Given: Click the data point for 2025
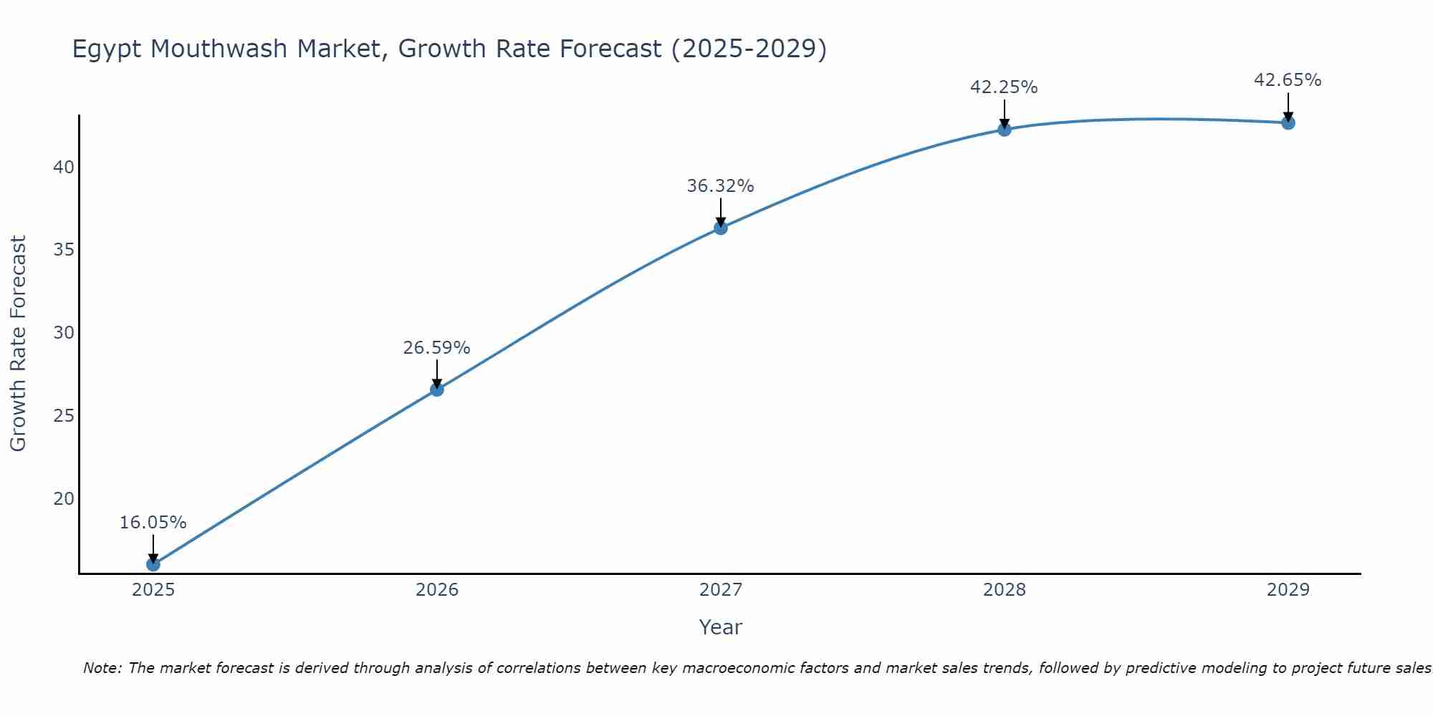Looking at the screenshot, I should pos(153,564).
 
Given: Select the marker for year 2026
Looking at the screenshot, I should pos(437,390).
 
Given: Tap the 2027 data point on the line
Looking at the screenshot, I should pos(721,228).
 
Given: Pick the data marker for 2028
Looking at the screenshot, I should pos(1005,130).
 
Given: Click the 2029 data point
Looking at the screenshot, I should pos(1288,123).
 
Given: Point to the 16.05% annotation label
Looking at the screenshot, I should pos(153,523).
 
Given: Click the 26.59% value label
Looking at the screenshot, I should pos(436,348).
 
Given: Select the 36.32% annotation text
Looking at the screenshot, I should pos(720,186).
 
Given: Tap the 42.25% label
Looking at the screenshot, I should pos(1004,87).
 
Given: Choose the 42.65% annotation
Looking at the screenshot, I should pos(1288,80).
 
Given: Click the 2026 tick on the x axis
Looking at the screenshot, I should pos(437,590).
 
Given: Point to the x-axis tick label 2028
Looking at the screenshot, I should pos(1005,590).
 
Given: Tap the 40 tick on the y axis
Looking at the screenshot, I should pos(64,168).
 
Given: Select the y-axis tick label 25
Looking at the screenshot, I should pos(64,416).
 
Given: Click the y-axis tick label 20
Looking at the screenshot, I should pos(64,498).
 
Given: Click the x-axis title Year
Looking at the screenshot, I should pos(720,627).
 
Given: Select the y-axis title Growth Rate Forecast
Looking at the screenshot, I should pos(18,344).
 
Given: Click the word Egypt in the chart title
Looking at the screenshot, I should pos(107,49).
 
